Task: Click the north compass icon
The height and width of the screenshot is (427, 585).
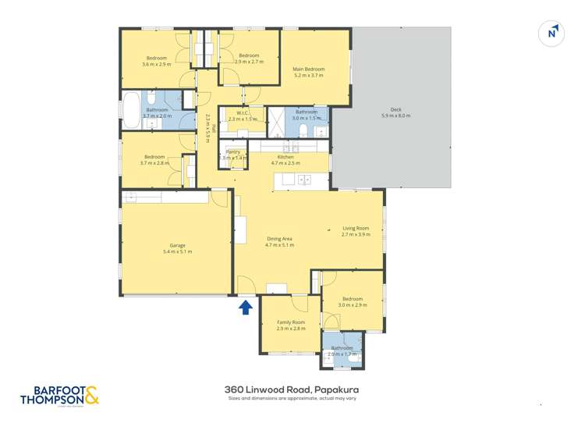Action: [551, 34]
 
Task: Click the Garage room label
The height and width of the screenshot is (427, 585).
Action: [177, 245]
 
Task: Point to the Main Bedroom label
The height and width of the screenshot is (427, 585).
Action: [309, 69]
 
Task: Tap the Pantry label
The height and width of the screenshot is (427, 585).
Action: [232, 151]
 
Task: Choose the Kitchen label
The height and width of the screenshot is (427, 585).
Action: [285, 157]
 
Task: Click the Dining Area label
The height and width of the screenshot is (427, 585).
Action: [280, 239]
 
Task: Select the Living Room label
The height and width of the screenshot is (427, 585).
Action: [355, 228]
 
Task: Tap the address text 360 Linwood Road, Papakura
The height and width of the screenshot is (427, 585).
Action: [292, 389]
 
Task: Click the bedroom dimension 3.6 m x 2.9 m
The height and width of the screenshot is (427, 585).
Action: [156, 64]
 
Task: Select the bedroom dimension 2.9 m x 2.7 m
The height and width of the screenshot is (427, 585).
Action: [249, 62]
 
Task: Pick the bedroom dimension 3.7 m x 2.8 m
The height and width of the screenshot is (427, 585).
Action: [154, 163]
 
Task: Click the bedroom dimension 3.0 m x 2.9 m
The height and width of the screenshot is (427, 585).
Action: [352, 304]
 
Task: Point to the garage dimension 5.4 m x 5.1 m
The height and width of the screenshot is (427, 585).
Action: [177, 251]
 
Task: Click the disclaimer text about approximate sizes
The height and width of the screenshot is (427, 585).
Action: [292, 398]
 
